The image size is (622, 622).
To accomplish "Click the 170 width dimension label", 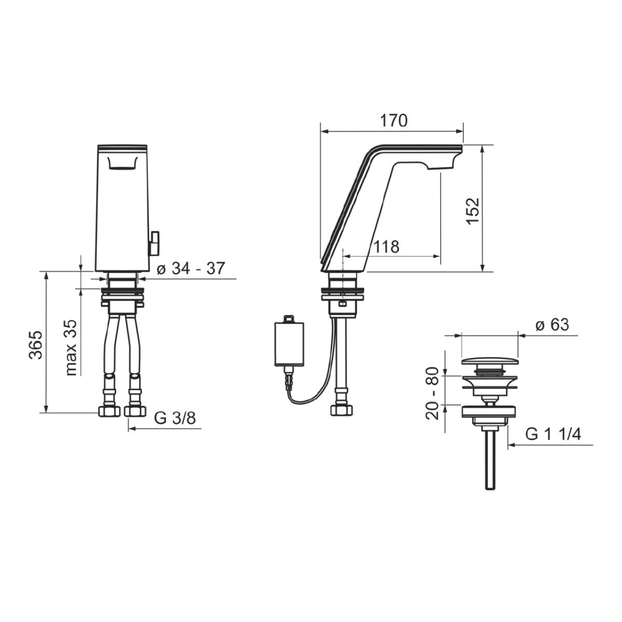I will pyautogui.click(x=394, y=121).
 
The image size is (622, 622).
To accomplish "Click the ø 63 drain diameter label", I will pyautogui.click(x=552, y=325).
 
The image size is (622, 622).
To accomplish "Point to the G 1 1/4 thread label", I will pyautogui.click(x=553, y=434).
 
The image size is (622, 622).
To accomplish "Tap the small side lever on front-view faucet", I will pyautogui.click(x=154, y=243).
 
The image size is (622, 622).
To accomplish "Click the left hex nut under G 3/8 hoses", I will pyautogui.click(x=108, y=412).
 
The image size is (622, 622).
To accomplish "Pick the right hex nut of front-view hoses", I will pyautogui.click(x=135, y=412).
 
